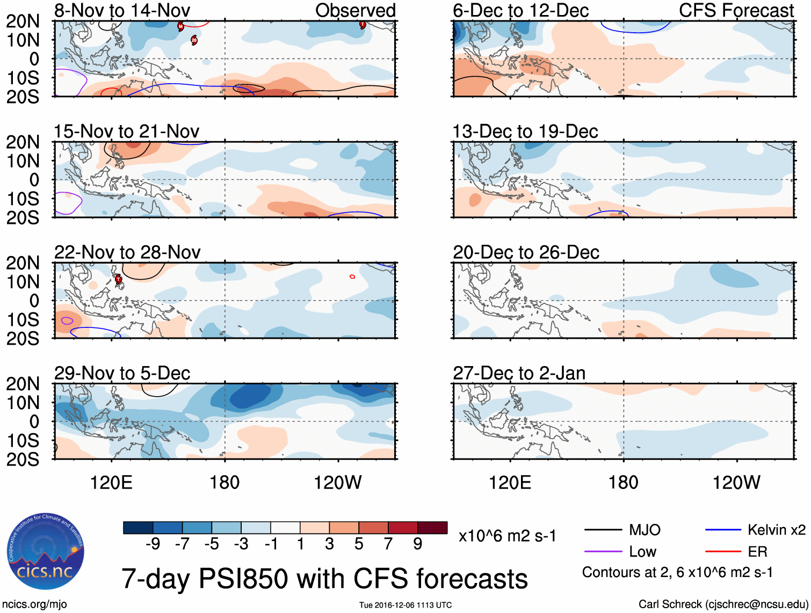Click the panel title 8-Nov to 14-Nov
pos(122,10)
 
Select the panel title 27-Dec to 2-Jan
pos(519,373)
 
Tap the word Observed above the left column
pos(355,10)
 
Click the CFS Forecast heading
pos(736,10)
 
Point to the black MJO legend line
pos(603,530)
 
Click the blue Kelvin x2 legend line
pos(723,530)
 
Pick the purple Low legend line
pos(603,551)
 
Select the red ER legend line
pos(723,551)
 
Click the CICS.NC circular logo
pos(46,551)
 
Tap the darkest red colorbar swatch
pos(432,528)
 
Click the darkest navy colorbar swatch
pos(138,528)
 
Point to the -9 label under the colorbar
pos(153,544)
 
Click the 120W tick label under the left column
pos(337,483)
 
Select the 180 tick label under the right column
pos(623,483)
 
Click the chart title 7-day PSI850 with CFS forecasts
pos(324,579)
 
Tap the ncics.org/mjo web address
pos(34,604)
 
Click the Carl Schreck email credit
pos(723,604)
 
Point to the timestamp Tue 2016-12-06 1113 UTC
pos(405,605)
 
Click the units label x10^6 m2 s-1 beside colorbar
pos(507,536)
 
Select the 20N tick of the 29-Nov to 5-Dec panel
pos(23,384)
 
